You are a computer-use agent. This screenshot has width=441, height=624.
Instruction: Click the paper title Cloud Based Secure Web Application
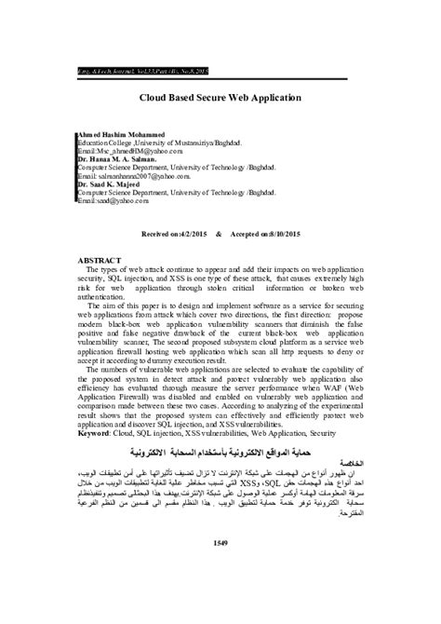click(220, 96)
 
